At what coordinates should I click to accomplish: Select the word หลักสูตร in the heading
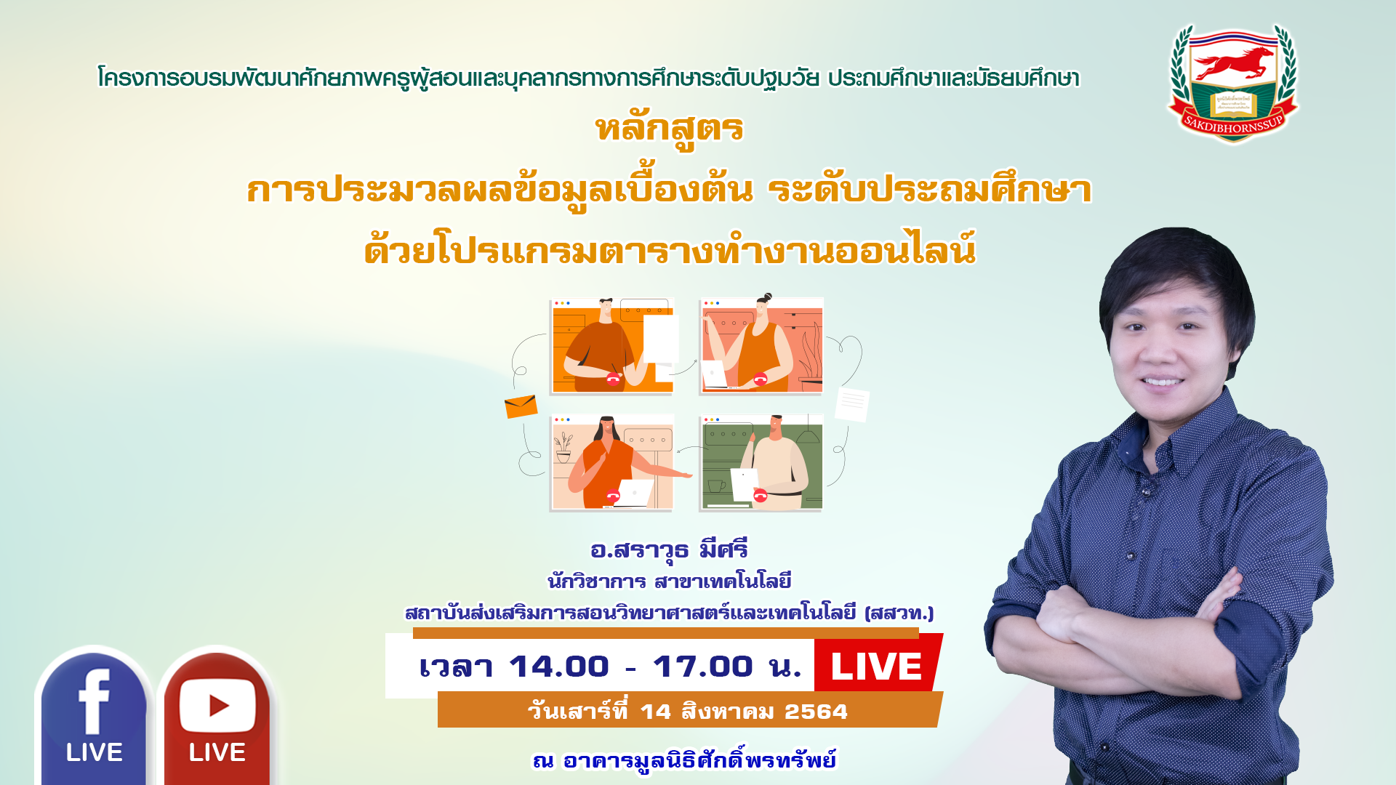670,129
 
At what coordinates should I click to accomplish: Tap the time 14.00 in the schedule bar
558,667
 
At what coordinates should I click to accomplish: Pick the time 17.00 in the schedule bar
702,667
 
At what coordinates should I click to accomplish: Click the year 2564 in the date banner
816,712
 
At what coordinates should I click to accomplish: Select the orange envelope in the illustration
521,406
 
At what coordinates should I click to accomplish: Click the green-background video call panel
761,463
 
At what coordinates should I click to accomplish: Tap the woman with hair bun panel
761,345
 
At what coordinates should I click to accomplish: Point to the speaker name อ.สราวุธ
639,550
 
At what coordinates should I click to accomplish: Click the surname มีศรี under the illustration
723,549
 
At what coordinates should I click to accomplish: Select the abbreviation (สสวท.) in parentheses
899,613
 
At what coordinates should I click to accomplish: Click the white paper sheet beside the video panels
852,404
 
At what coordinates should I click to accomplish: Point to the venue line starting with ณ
684,760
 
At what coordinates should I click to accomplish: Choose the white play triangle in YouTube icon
219,705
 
